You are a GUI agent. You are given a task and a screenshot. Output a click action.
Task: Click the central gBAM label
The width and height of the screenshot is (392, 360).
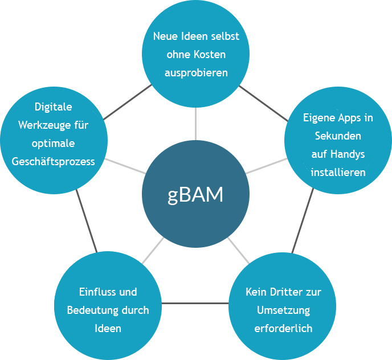pos(195,195)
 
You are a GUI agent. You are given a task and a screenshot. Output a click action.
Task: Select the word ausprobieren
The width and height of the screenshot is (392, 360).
pos(196,73)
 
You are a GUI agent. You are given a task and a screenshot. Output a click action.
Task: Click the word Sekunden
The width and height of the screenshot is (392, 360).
pos(338,137)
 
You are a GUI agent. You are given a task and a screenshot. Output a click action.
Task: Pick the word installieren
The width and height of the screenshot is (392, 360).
pos(338,172)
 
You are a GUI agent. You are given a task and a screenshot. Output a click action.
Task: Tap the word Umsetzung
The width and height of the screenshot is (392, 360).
pos(283,310)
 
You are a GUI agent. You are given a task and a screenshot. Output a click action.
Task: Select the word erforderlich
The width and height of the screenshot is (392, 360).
pos(283,329)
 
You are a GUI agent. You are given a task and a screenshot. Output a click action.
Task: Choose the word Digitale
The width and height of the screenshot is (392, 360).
pos(54,107)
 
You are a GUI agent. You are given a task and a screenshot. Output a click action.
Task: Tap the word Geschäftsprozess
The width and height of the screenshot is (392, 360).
pos(54,161)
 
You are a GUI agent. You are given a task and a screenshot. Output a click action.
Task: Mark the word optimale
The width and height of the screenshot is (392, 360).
pos(54,143)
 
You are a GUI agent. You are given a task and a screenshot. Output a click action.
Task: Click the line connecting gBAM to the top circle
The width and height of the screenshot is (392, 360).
pos(195,124)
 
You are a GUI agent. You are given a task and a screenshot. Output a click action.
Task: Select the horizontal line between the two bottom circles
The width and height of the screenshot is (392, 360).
pos(195,302)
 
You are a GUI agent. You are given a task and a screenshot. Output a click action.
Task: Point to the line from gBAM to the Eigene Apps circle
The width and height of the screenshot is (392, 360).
pos(266,166)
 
